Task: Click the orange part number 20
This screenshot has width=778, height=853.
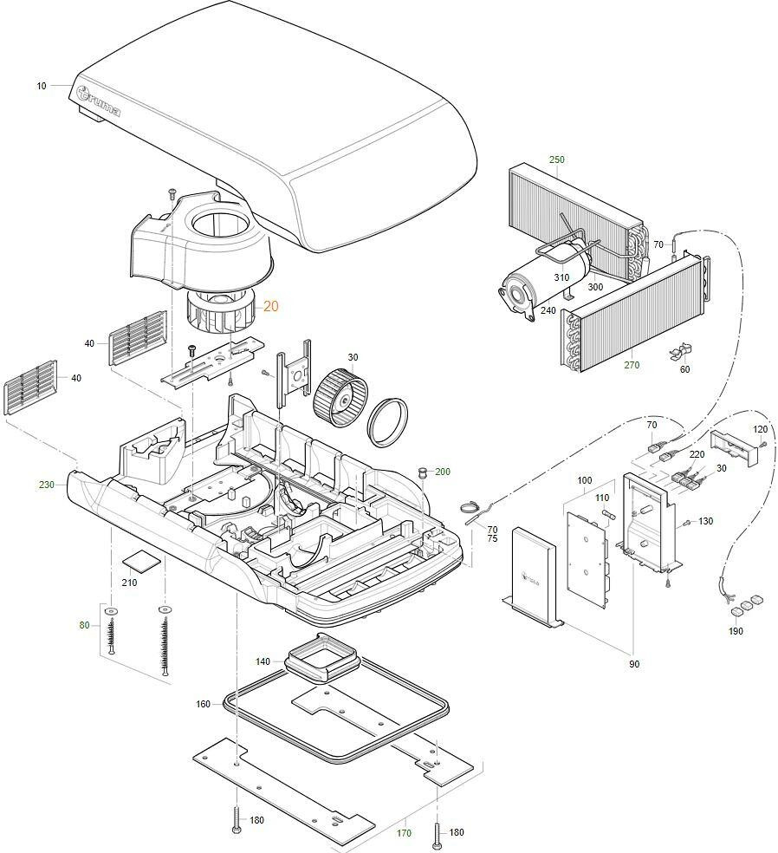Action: [x=271, y=306]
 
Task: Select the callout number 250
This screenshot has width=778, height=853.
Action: [x=556, y=160]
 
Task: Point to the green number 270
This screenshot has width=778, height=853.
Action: [x=632, y=365]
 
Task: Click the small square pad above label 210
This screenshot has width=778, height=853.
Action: [x=140, y=558]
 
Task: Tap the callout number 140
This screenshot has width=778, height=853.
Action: [x=263, y=661]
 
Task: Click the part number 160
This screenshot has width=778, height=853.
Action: [x=203, y=704]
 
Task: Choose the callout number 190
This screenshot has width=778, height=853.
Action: [x=736, y=631]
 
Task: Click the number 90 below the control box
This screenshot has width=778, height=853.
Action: [x=634, y=664]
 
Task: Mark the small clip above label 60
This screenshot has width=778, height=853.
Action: [x=678, y=353]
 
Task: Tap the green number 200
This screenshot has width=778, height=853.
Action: [x=443, y=472]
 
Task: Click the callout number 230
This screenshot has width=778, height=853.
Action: [x=46, y=485]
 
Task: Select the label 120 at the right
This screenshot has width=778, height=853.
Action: [x=760, y=430]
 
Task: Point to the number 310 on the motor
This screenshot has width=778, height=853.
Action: [x=562, y=278]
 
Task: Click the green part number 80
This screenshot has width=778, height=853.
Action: [x=84, y=625]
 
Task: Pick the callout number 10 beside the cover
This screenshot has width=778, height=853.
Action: [x=42, y=86]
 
